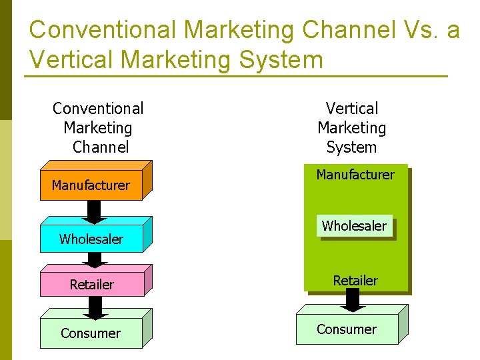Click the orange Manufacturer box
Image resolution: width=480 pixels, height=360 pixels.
click(x=91, y=185)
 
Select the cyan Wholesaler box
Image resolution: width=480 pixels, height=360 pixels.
click(x=91, y=239)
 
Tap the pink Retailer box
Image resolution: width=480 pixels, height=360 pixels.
click(x=92, y=284)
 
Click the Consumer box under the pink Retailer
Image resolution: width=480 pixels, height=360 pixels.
click(x=91, y=333)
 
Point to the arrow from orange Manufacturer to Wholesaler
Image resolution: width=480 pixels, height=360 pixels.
click(x=95, y=211)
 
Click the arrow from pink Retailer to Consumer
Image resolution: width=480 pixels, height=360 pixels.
click(x=95, y=307)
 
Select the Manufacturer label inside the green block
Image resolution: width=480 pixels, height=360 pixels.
click(x=355, y=175)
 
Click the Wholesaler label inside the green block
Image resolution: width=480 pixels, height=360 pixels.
click(x=354, y=226)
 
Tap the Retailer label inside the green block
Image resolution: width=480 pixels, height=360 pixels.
click(x=355, y=281)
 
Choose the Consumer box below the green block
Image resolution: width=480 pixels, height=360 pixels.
click(x=347, y=329)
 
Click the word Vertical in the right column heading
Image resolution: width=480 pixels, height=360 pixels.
click(x=352, y=108)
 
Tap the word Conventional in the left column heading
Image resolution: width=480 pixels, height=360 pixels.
click(x=98, y=108)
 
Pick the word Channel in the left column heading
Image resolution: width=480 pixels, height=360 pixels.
click(x=101, y=147)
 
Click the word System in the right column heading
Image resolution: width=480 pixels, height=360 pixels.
click(x=352, y=147)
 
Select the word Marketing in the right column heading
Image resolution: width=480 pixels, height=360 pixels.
click(x=352, y=127)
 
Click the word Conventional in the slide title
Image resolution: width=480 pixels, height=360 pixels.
click(x=103, y=30)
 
